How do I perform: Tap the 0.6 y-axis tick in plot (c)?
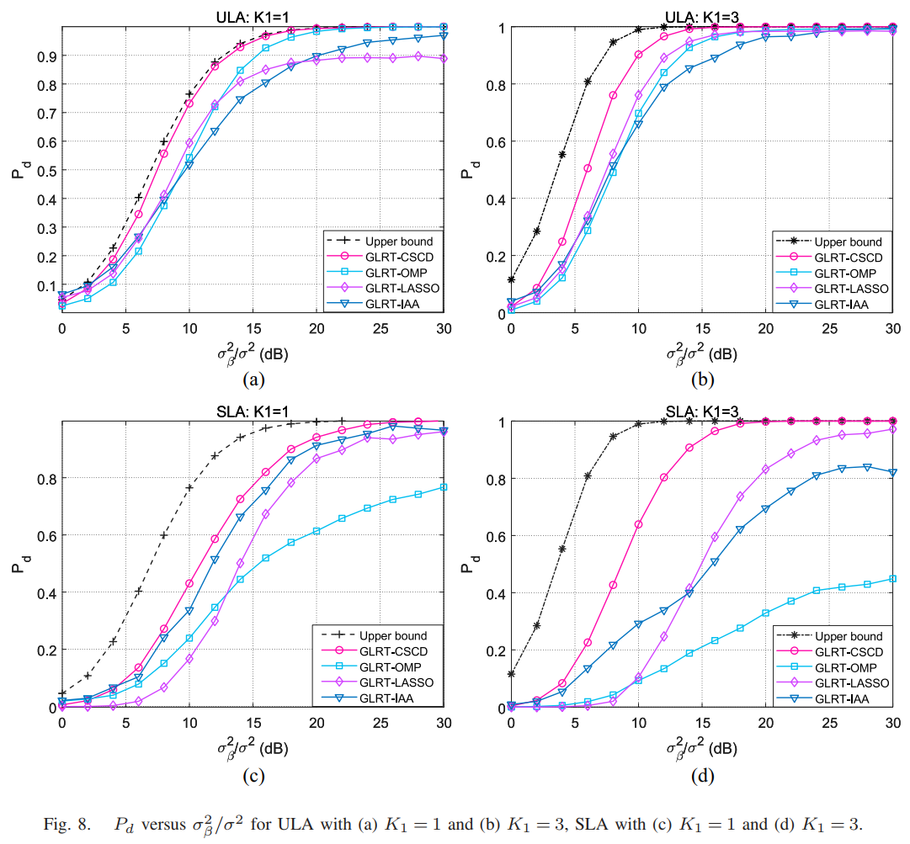click(x=45, y=535)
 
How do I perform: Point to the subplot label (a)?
click(x=253, y=380)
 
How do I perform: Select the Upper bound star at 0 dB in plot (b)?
click(x=511, y=279)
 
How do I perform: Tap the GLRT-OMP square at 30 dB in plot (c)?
click(x=444, y=487)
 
